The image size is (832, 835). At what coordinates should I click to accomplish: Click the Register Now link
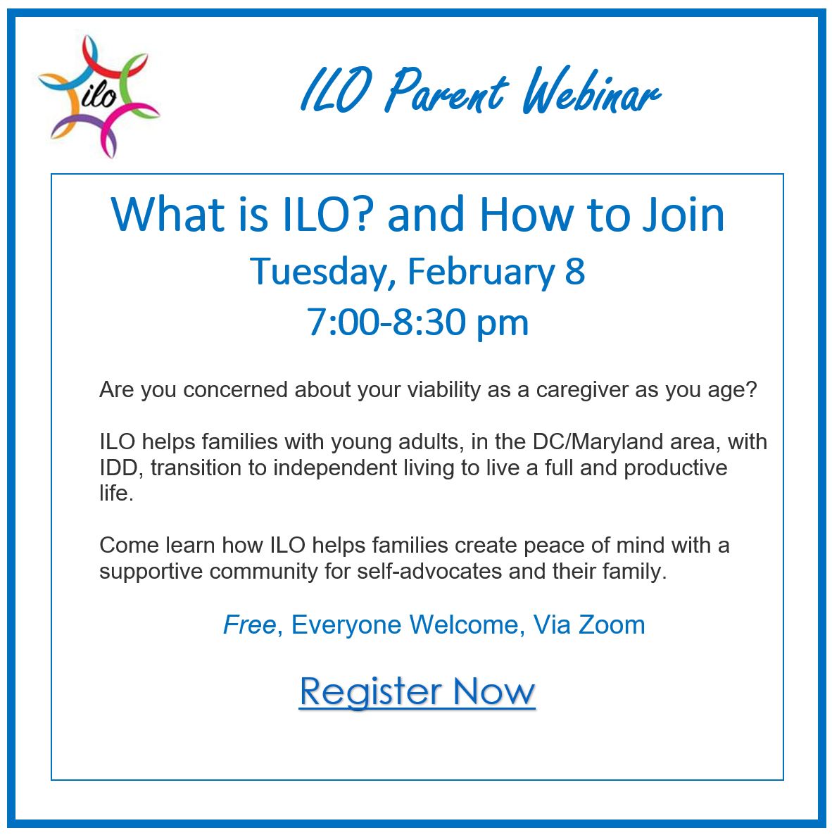tap(417, 691)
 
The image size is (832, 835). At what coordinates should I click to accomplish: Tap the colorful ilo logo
tap(99, 96)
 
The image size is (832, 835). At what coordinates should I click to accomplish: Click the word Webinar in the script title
tap(591, 91)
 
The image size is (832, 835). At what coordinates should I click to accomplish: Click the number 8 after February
tap(575, 271)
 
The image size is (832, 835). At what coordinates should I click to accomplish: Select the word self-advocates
tap(429, 572)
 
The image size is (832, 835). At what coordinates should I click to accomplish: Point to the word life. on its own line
tap(116, 493)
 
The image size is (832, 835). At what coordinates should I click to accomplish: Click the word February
tap(481, 272)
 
